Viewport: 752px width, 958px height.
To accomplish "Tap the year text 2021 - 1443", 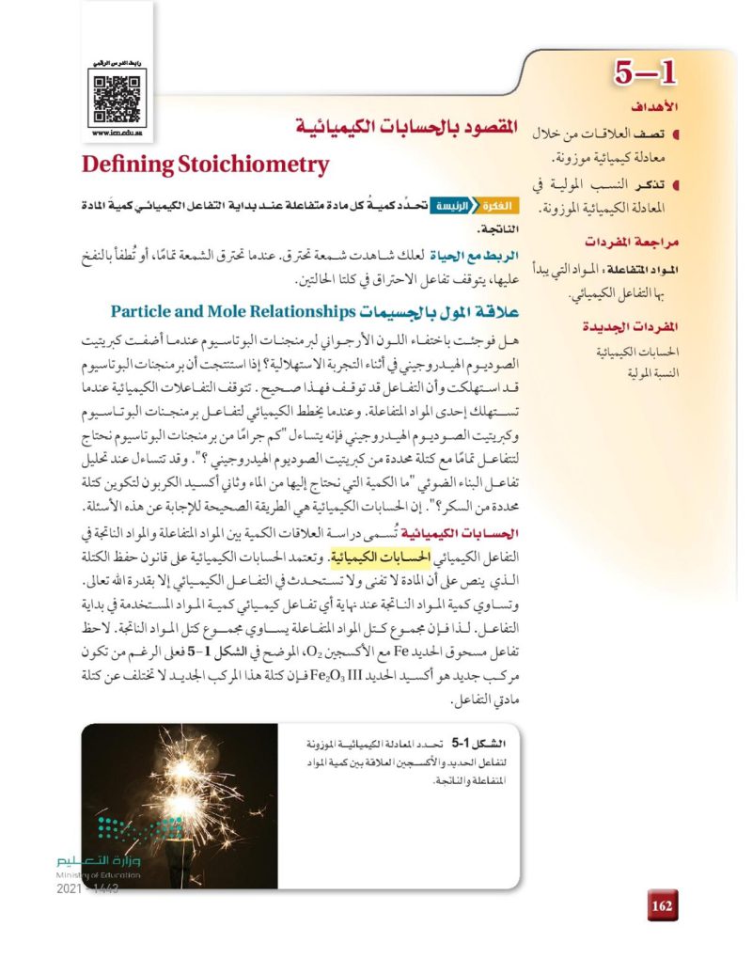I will [x=88, y=888].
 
